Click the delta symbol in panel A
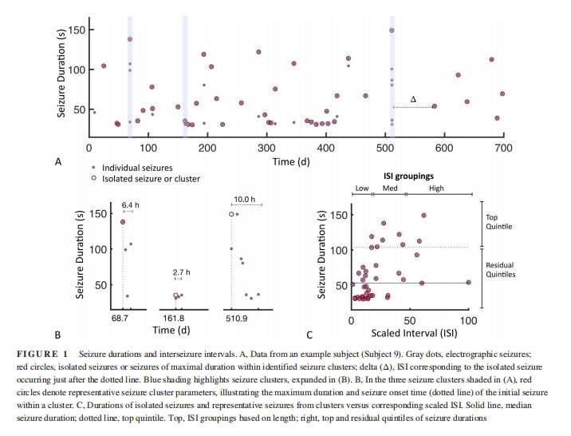[412, 99]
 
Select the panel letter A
[57, 162]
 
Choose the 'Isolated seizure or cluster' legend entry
[151, 179]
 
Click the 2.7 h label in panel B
[181, 272]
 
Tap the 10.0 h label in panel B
[244, 198]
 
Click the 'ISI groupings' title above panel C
[411, 175]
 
